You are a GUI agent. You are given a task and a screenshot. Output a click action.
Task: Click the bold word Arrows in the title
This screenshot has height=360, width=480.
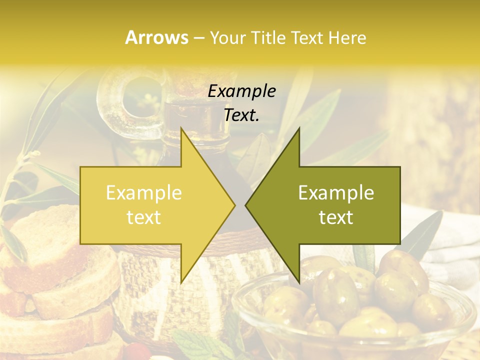[x=156, y=37]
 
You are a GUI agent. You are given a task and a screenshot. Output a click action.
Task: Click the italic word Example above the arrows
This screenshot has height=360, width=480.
[x=241, y=91]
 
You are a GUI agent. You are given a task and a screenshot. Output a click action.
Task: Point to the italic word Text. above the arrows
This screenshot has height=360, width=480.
[x=241, y=115]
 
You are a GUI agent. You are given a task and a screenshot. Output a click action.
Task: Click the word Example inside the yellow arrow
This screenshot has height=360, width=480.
[x=143, y=192]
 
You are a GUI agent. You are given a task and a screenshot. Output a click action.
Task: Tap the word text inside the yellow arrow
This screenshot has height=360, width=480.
[x=143, y=217]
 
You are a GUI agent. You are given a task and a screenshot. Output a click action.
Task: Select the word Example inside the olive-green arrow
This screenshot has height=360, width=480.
[x=336, y=192]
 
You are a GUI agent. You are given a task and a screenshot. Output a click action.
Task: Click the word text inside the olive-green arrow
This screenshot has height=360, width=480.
[x=336, y=217]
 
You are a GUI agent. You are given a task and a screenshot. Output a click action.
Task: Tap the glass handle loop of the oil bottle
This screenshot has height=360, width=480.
[x=120, y=100]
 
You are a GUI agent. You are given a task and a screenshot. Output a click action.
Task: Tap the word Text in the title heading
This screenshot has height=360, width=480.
[x=307, y=37]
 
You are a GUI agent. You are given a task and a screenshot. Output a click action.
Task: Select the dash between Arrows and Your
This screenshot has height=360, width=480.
[x=198, y=38]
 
